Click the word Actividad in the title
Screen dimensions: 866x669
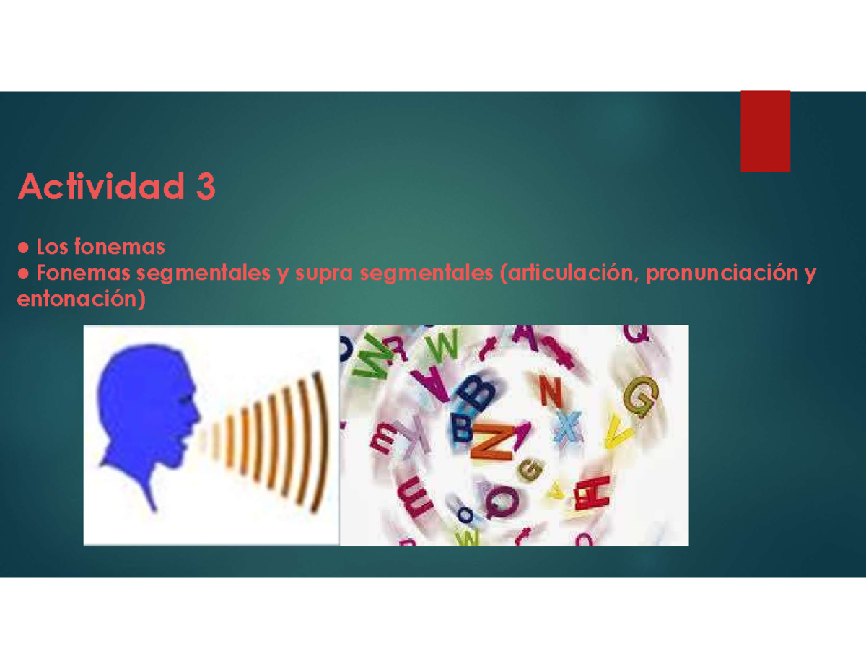101,186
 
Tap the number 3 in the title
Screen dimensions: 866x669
206,186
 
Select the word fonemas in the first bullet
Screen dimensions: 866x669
120,247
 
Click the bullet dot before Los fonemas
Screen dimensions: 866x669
24,248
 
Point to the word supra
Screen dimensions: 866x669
324,274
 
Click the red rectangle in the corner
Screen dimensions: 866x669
765,131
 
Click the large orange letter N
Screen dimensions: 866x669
493,442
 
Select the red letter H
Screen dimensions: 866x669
592,492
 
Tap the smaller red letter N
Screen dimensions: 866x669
551,392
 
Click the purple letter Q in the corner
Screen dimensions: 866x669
636,333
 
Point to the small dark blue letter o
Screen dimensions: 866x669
465,515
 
